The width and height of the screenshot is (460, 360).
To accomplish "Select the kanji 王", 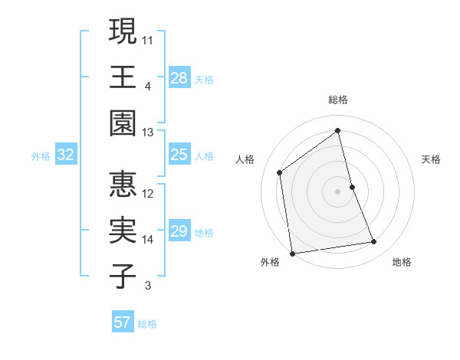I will tap(123, 77).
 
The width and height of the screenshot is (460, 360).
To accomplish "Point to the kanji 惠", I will tap(123, 185).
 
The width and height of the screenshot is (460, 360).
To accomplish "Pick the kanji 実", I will tap(123, 231).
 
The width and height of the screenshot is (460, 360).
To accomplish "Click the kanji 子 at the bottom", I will tap(123, 277).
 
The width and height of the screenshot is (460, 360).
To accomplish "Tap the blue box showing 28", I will tap(179, 77).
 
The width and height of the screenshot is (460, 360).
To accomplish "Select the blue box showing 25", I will tap(179, 155).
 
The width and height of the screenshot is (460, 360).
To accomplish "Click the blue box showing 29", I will tap(179, 231).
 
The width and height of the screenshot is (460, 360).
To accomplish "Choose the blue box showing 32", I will tap(66, 155).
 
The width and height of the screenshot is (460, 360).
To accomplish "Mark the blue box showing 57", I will tap(123, 322).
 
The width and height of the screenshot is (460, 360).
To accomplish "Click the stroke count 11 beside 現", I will tap(148, 39).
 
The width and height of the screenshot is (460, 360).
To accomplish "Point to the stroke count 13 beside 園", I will tap(148, 133).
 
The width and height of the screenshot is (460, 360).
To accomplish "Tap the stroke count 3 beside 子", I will tap(148, 286).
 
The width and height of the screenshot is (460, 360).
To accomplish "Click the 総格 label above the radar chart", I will tap(338, 100).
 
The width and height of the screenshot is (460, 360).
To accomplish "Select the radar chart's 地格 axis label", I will tap(402, 262).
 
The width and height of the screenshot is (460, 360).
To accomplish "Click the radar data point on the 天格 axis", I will tap(352, 186).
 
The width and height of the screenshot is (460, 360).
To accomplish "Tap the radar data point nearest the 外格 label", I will tap(292, 254).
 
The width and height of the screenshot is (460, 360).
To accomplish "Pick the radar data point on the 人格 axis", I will tap(280, 172).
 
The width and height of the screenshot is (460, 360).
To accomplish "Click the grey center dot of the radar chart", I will tap(338, 191).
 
